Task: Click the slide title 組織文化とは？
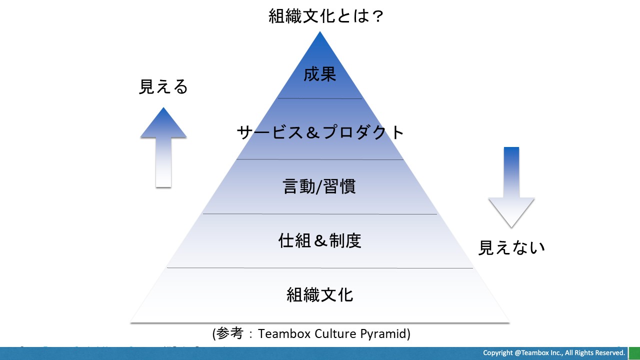click(x=325, y=16)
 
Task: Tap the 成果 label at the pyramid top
click(x=320, y=74)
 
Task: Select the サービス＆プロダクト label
click(x=320, y=132)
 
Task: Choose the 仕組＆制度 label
click(x=320, y=241)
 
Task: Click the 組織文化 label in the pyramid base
click(x=320, y=294)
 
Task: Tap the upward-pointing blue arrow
click(x=163, y=147)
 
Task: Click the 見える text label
click(x=163, y=87)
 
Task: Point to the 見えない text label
click(x=511, y=247)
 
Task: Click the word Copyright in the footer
click(x=498, y=353)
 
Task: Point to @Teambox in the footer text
click(x=533, y=353)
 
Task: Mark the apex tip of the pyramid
click(x=320, y=33)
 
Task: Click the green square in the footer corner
click(x=634, y=353)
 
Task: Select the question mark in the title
click(x=378, y=16)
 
